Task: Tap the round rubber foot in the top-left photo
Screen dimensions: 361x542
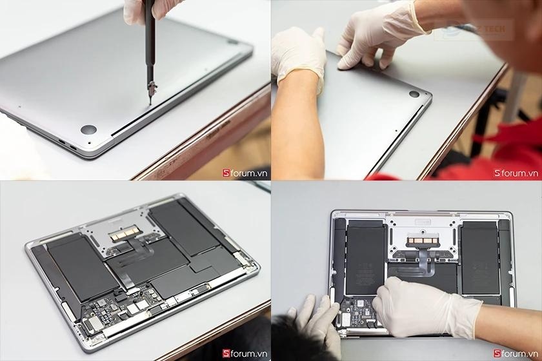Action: pos(88,130)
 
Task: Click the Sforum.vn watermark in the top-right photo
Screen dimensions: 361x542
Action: pos(516,173)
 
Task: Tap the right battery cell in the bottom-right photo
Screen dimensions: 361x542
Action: pos(480,258)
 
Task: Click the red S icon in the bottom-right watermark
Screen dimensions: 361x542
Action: pos(497,353)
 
